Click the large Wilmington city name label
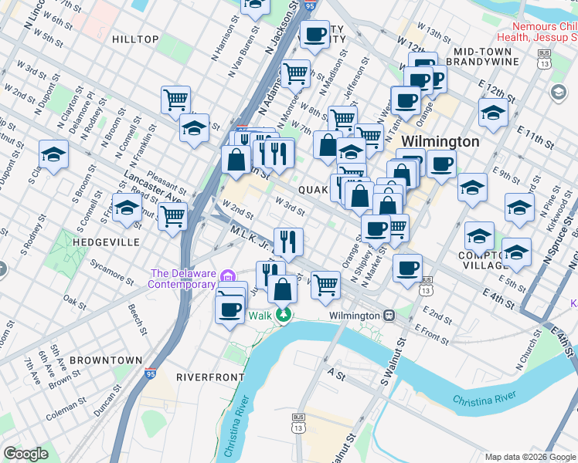[x=440, y=142]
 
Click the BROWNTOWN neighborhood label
[x=105, y=360]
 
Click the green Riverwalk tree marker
[x=284, y=315]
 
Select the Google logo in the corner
[x=26, y=453]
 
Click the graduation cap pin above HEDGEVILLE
[x=127, y=207]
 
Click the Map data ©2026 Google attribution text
[x=529, y=457]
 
